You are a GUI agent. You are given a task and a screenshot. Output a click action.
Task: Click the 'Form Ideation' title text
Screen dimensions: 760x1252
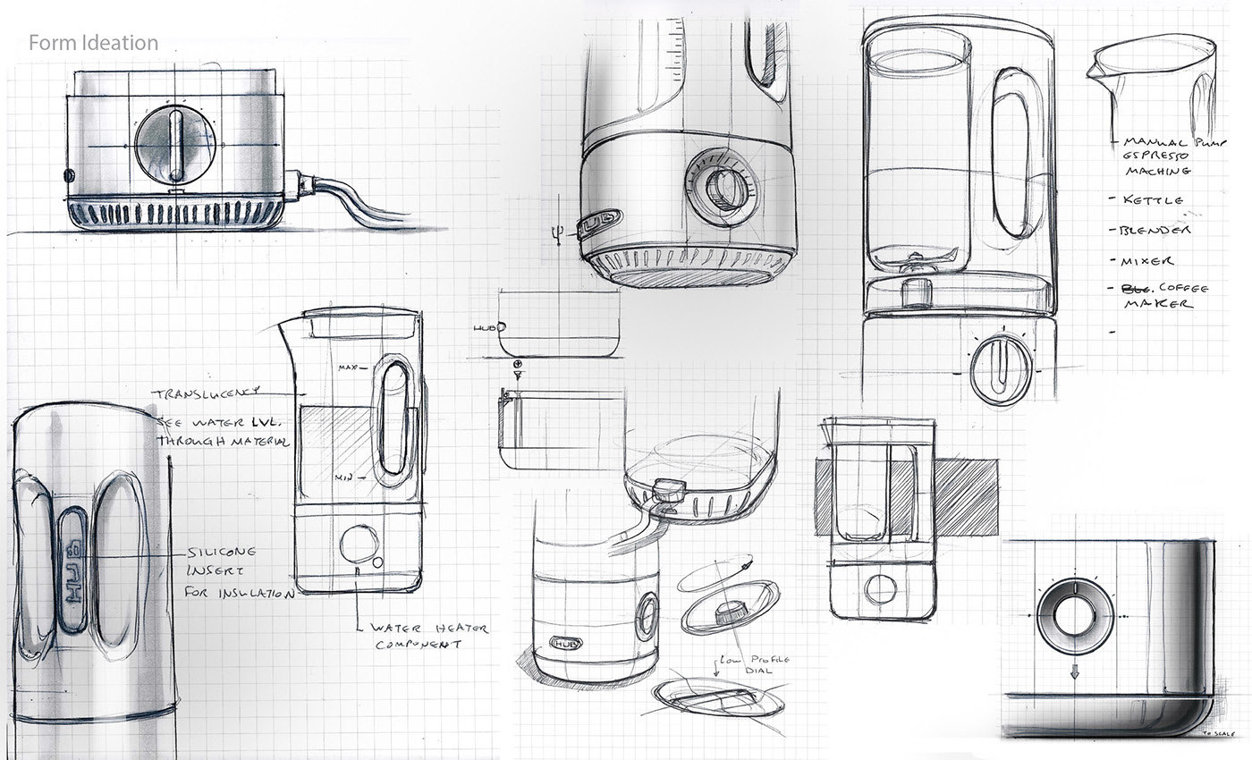[x=93, y=43]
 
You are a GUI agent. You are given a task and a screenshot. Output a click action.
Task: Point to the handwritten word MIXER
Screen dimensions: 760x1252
[x=1147, y=261]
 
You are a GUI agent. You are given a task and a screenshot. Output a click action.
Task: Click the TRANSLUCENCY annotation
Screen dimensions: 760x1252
[x=206, y=393]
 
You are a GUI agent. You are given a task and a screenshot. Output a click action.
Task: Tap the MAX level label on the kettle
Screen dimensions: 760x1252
[x=351, y=367]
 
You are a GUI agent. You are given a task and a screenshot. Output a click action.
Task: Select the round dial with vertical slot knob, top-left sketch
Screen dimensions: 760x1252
[x=175, y=144]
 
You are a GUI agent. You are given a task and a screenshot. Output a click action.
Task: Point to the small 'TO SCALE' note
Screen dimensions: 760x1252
[x=1217, y=733]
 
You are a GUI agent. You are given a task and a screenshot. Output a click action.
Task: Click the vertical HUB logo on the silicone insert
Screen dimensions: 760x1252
[x=72, y=572]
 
